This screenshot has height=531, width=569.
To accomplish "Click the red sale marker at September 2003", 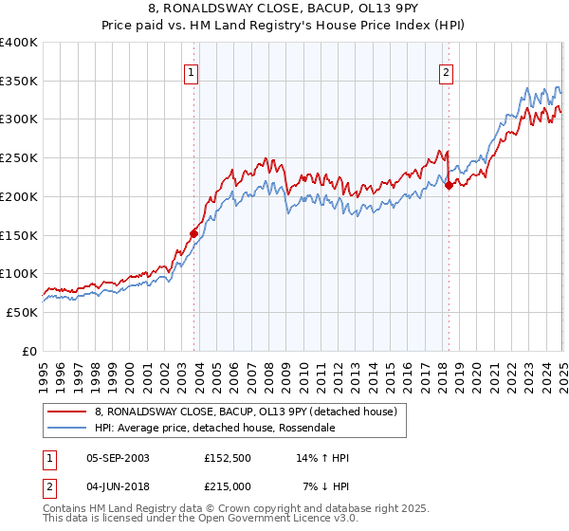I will click(193, 232).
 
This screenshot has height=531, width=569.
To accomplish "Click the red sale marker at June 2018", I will click(449, 185).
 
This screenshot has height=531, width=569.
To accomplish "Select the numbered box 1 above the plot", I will click(192, 71).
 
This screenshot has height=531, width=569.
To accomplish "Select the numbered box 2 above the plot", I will click(446, 71).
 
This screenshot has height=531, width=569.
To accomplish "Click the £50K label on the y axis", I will click(22, 312).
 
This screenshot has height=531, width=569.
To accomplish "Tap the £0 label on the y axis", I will click(30, 351).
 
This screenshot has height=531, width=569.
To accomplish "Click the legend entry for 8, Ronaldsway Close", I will click(237, 411).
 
